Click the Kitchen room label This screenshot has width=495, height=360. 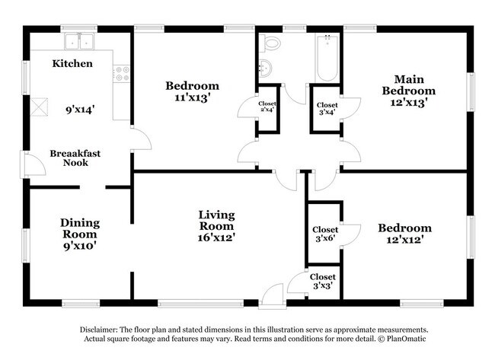(x=72, y=63)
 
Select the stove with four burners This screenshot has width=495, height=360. (x=121, y=74)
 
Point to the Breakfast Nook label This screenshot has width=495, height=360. (x=75, y=158)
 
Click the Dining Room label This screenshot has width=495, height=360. (x=80, y=234)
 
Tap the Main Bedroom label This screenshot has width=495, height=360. (x=414, y=91)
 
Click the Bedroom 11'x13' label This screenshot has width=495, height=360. (x=192, y=91)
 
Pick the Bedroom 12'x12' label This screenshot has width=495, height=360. (x=404, y=234)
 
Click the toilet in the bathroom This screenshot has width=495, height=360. (x=272, y=44)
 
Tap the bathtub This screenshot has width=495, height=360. (x=327, y=57)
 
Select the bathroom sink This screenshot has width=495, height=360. (x=264, y=70)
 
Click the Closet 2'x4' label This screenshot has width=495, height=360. (x=267, y=107)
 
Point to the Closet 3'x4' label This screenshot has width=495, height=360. (x=327, y=109)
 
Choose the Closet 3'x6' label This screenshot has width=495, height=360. (x=325, y=234)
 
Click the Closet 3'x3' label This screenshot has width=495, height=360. (x=323, y=282)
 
